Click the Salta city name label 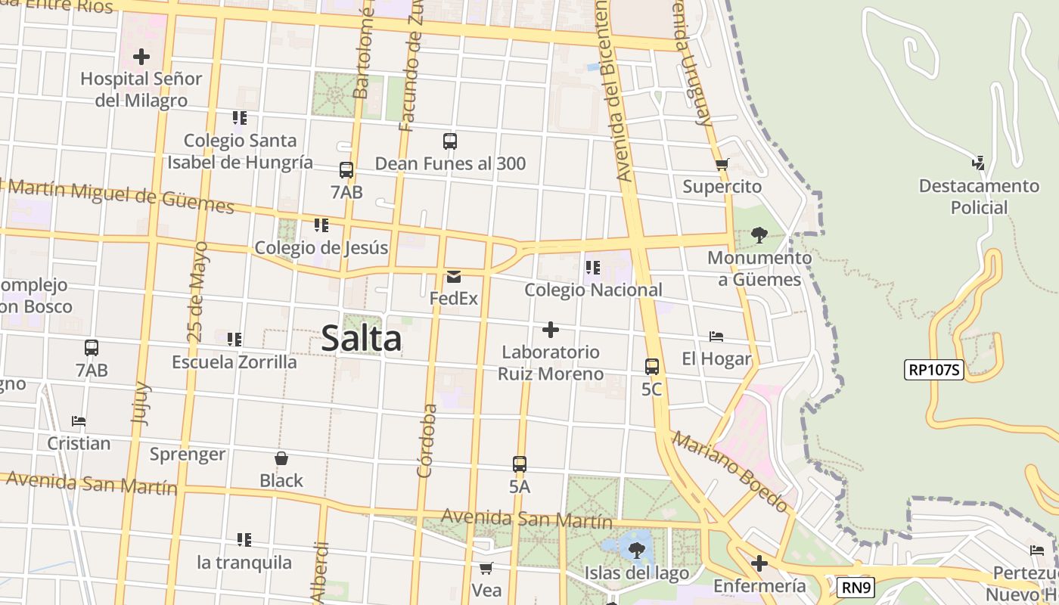[362, 338]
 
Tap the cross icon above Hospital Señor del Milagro [141, 57]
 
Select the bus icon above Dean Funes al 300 [450, 141]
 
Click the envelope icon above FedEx [454, 277]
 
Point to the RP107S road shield [933, 370]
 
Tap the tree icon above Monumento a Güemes [759, 235]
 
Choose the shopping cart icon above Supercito [722, 164]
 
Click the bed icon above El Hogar [716, 336]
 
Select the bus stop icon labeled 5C [651, 367]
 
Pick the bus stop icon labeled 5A [519, 464]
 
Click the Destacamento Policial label [979, 197]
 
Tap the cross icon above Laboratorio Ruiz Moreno [551, 330]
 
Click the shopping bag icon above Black [281, 458]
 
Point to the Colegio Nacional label [593, 290]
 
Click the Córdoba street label [427, 441]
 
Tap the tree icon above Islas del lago [636, 550]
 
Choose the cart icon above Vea [486, 567]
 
